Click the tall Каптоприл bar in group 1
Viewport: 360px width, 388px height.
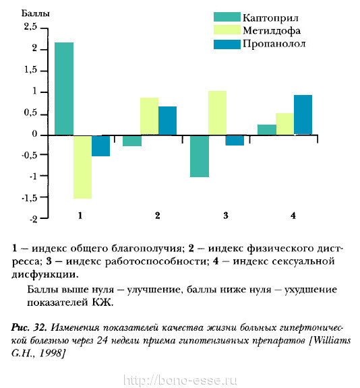pos(64,89)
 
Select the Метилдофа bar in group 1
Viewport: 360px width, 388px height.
pos(82,167)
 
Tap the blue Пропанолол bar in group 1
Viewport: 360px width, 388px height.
pos(100,145)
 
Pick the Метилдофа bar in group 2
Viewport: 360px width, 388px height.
pos(149,117)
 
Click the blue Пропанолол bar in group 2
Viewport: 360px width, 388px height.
pos(168,121)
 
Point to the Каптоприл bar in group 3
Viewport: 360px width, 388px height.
pos(200,156)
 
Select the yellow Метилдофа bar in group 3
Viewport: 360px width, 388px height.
pos(217,113)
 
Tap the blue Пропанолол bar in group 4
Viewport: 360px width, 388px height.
pos(303,115)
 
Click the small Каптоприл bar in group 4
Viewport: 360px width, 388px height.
pos(267,130)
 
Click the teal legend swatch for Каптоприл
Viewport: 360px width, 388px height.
pos(227,17)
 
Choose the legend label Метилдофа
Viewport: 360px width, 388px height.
pos(272,31)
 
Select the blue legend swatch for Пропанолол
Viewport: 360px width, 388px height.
pos(227,44)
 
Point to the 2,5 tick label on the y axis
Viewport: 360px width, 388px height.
pos(30,26)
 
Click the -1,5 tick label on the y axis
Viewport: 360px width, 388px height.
pos(30,198)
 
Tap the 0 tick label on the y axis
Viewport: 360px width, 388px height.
pos(34,134)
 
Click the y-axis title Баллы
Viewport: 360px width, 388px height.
pos(36,13)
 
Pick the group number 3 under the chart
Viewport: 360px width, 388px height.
pos(226,216)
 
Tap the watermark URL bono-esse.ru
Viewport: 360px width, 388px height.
pos(180,381)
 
